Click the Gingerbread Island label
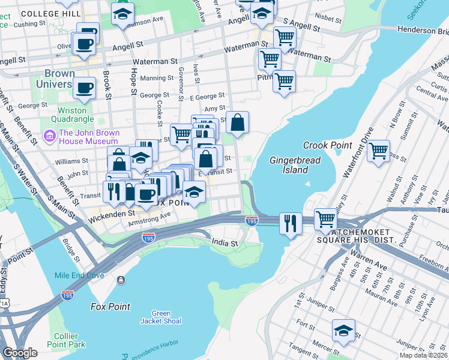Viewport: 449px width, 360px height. coord(295,165)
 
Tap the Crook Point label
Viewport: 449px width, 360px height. coord(327,145)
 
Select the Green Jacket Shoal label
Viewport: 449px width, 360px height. coord(161,317)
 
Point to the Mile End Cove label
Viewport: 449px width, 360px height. coord(79,275)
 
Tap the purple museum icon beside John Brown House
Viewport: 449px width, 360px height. coord(49,137)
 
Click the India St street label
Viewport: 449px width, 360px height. coord(225,243)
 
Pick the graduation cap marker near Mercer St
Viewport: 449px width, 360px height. coord(343,329)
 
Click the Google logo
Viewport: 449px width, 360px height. coord(20,353)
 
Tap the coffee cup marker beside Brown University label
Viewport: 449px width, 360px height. coord(84,88)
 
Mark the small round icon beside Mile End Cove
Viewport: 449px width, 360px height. coord(121,280)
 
